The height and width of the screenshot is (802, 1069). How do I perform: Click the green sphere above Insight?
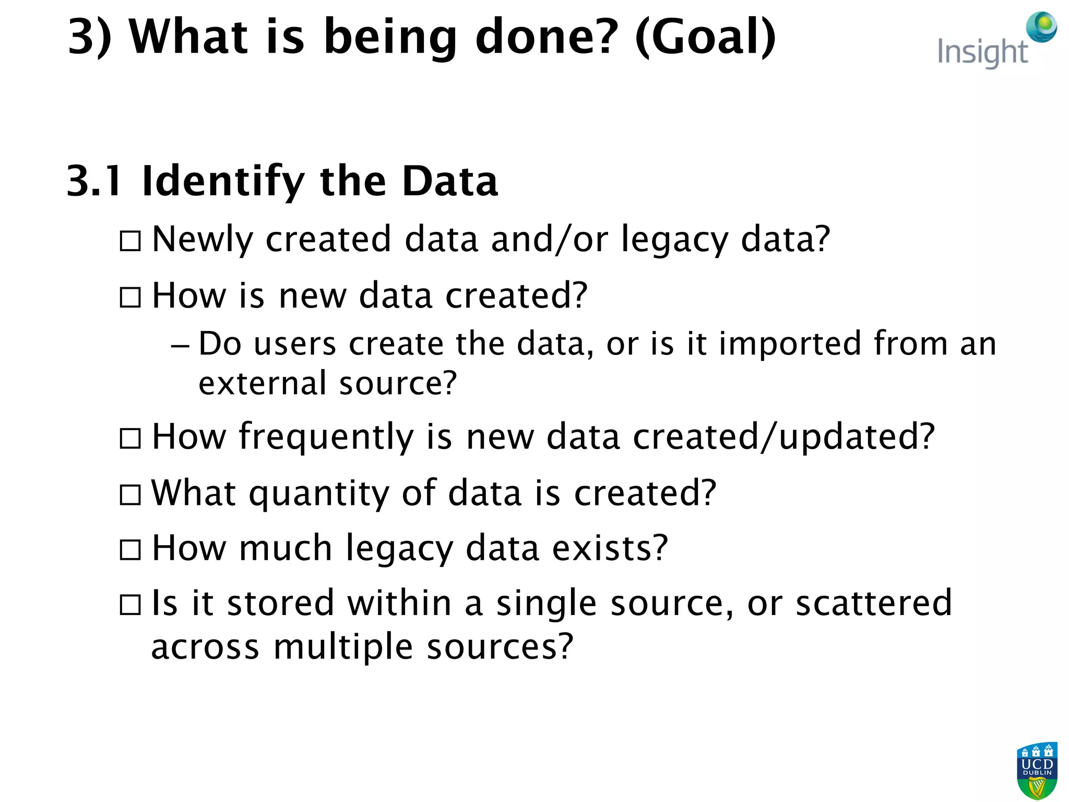click(x=1041, y=26)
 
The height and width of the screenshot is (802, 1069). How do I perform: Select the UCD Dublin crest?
click(x=1037, y=770)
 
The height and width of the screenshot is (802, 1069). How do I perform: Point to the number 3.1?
click(x=94, y=181)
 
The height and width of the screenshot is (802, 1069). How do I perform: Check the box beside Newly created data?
click(x=130, y=241)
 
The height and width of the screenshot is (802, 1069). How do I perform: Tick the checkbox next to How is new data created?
click(x=130, y=298)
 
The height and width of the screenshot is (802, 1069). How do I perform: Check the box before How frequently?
click(x=130, y=439)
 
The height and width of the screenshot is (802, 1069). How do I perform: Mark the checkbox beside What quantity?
click(x=130, y=495)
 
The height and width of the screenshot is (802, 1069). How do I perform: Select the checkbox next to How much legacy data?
click(x=130, y=550)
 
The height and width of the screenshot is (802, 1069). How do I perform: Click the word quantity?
click(x=318, y=494)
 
